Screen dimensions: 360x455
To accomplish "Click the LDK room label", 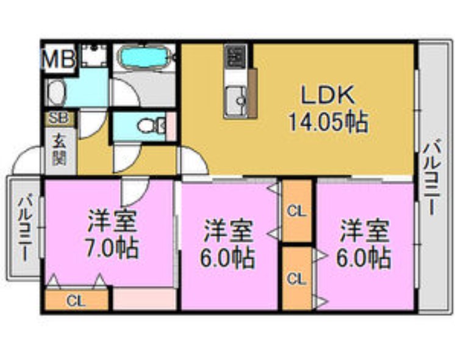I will click(326, 95).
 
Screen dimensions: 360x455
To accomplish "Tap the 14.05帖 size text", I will click(328, 122).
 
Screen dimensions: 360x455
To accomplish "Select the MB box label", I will click(59, 59).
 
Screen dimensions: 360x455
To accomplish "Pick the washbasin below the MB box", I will click(57, 93).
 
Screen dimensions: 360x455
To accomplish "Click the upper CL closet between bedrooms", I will click(296, 212).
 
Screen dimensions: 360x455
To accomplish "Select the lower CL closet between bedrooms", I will click(296, 278).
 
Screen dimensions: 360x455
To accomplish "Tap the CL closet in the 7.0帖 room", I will click(76, 300).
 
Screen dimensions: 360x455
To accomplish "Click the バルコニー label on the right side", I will click(434, 176).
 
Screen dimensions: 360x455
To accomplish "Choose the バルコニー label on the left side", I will click(25, 226).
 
